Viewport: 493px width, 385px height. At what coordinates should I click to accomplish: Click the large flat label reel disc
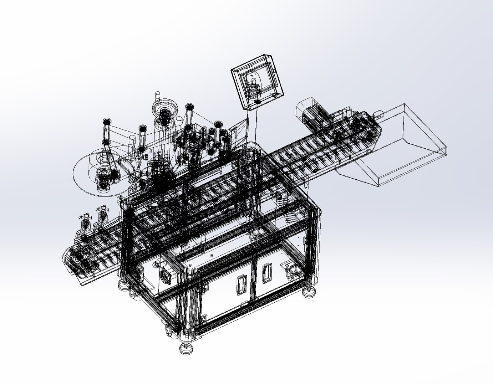click(98, 173)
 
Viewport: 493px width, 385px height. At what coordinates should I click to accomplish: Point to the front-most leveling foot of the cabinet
click(186, 348)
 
